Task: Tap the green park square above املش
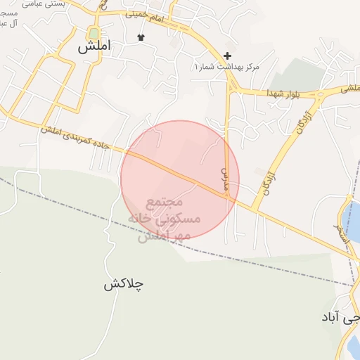(94, 33)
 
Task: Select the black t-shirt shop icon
(141, 37)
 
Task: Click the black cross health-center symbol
(227, 56)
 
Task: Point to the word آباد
(330, 317)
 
